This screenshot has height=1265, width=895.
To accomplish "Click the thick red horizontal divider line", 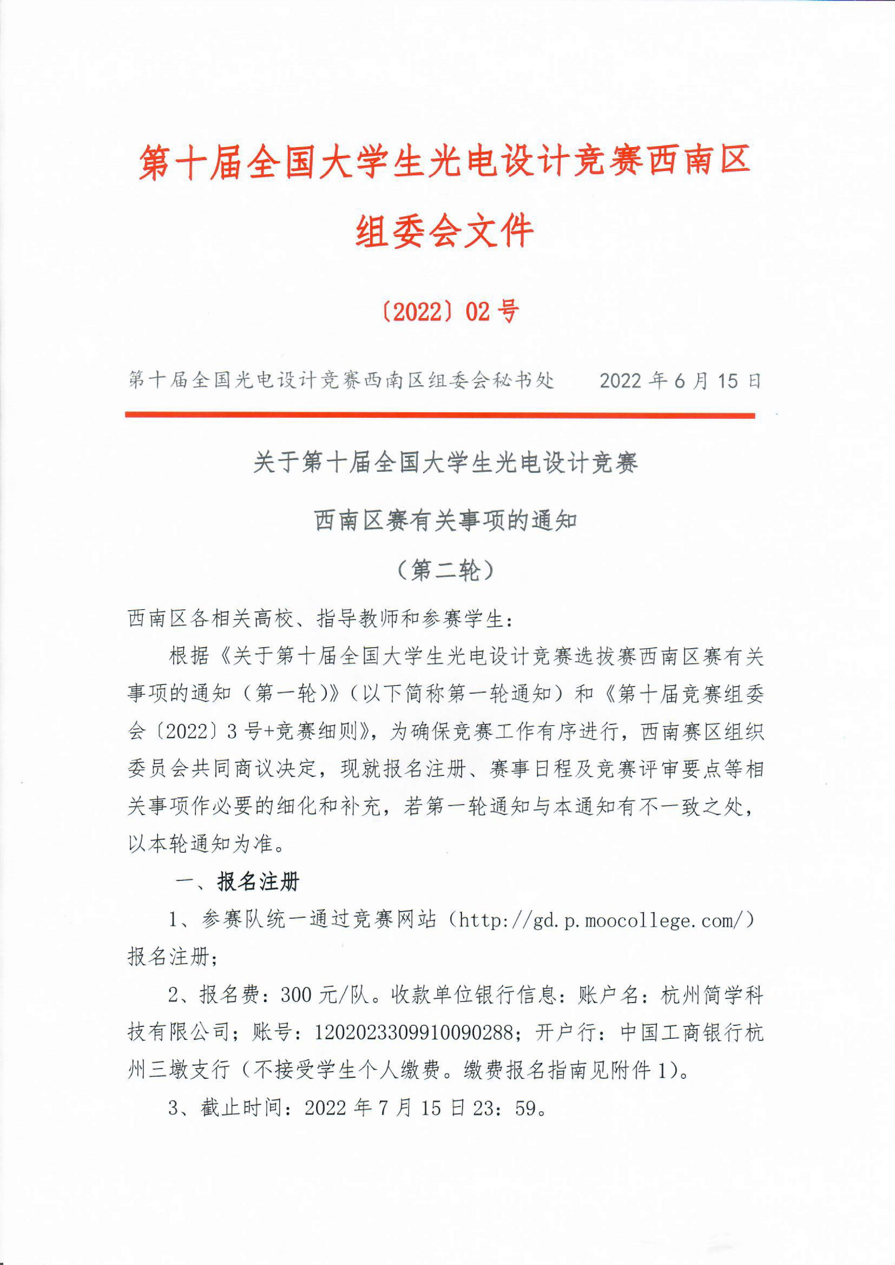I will (440, 415).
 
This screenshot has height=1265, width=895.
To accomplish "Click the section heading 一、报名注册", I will (237, 882).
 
